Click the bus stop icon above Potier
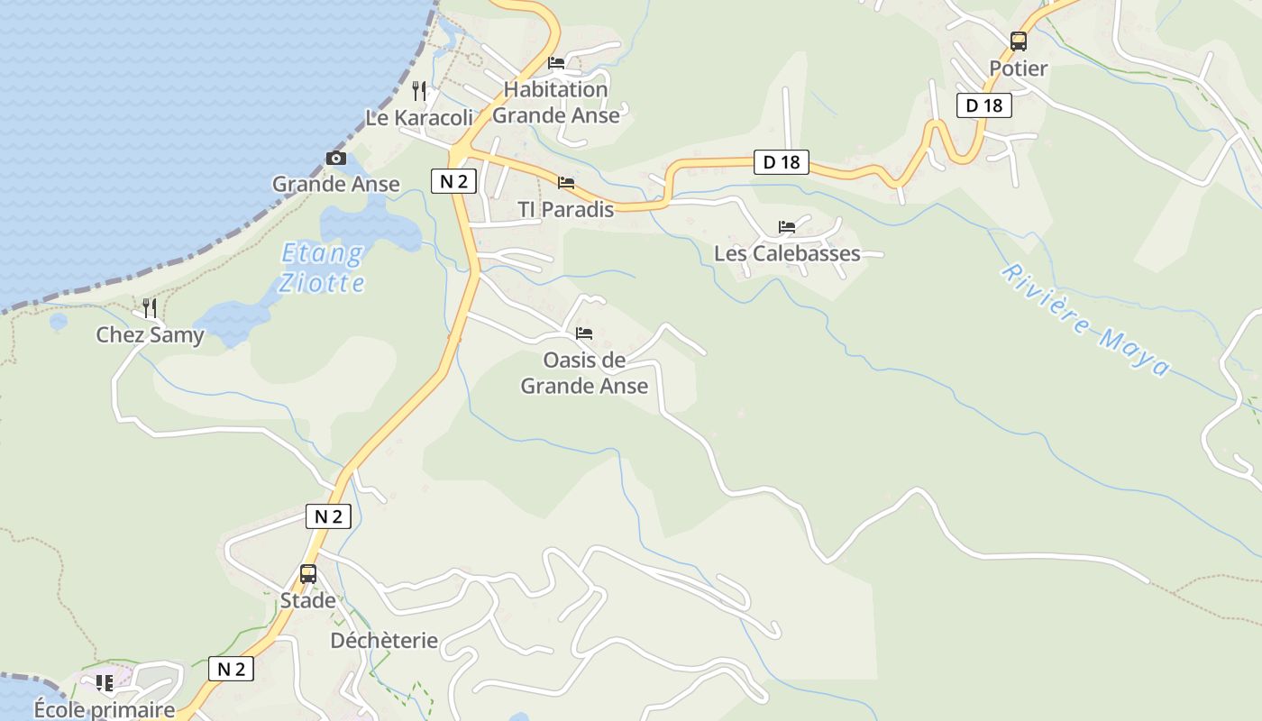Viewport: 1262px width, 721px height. pos(1019,41)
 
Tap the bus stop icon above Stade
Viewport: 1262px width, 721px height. pos(308,573)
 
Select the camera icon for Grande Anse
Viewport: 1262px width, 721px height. pos(335,159)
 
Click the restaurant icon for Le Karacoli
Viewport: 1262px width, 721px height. pos(418,90)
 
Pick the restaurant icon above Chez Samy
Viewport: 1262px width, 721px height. pos(150,308)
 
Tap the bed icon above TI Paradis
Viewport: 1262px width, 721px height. pos(566,183)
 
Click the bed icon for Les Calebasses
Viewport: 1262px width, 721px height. pos(787,227)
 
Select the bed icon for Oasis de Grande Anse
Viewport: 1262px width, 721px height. pos(584,333)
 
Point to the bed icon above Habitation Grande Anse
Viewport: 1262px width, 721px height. pos(556,63)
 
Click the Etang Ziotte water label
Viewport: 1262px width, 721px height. pos(322,268)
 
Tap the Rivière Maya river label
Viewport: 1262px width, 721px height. pos(1086,320)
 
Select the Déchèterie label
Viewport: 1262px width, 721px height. pos(384,641)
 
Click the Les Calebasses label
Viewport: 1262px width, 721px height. pos(787,253)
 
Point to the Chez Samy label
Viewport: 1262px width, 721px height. pos(150,335)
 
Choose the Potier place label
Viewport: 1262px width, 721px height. pos(1019,68)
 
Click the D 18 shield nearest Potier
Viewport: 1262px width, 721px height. pos(983,105)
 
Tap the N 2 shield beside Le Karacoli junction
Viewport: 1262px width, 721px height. pos(453,181)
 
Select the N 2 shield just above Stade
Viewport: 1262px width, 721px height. pos(328,516)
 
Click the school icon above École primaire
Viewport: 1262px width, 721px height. pos(105,683)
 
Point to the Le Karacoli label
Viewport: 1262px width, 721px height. pos(419,118)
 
